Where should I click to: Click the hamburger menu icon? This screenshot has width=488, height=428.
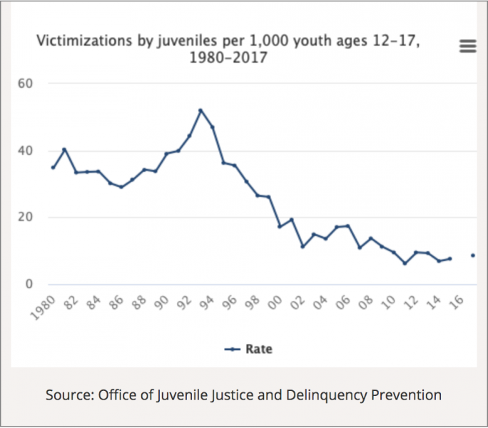click(x=467, y=46)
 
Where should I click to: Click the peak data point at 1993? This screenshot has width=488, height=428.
click(x=200, y=111)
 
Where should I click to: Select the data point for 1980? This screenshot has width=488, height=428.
click(x=54, y=168)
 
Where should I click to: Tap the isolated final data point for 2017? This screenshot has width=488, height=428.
click(x=472, y=255)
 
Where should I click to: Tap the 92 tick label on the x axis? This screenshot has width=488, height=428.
click(x=185, y=303)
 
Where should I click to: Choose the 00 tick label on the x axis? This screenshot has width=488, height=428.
click(x=276, y=303)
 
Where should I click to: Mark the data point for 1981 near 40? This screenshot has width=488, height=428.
click(x=65, y=150)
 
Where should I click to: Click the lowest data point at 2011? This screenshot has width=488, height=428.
click(x=405, y=263)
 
